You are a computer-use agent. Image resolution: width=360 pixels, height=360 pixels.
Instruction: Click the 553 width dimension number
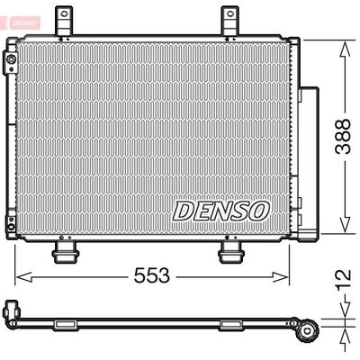click(151, 275)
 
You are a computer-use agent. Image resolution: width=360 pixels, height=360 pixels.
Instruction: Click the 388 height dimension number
click(343, 137)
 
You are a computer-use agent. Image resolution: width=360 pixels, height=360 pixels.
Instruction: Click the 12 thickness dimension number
click(343, 280)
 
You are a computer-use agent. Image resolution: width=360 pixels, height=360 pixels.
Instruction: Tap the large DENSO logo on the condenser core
click(220, 211)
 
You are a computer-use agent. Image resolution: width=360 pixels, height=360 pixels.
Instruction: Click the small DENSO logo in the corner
click(24, 23)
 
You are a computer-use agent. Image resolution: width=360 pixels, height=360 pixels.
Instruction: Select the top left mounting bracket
click(65, 21)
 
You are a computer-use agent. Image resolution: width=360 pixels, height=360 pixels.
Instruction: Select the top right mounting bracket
click(230, 21)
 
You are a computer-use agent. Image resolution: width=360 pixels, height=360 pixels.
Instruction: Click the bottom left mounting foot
click(66, 252)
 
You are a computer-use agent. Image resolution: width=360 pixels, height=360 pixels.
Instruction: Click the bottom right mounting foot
click(231, 252)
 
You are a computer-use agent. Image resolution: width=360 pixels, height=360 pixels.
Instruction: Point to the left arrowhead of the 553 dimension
click(23, 277)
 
